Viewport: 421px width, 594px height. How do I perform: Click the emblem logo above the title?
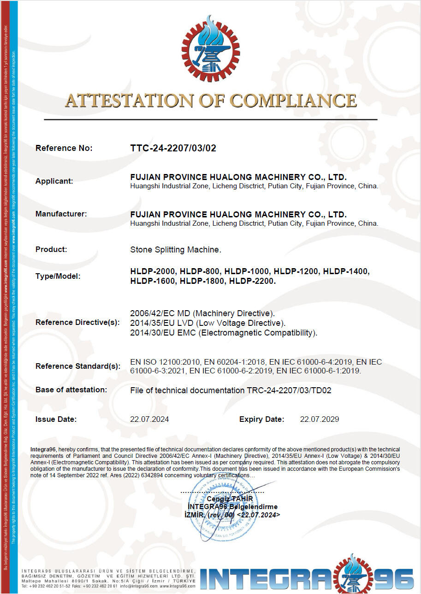pos(211,48)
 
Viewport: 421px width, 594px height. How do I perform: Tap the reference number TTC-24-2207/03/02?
pos(173,148)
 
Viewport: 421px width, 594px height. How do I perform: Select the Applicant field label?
pos(54,181)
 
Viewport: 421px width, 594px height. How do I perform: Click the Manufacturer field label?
pos(61,214)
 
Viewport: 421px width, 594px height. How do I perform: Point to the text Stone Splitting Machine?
pos(176,250)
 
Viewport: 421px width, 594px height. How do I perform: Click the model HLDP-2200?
pos(252,281)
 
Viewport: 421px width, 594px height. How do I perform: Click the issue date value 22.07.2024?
pos(149,419)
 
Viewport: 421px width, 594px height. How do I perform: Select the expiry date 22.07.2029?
pos(320,419)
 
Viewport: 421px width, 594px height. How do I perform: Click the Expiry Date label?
pos(261,419)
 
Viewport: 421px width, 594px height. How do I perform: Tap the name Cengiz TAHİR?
pos(230,499)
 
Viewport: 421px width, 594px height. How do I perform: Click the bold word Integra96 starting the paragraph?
pos(43,449)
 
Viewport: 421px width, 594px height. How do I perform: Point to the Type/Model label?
pos(58,276)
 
